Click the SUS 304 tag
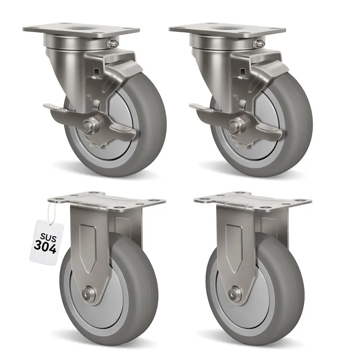coord(47,240)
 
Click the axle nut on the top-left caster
coord(87,126)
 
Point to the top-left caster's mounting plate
coord(81,30)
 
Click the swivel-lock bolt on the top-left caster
coord(111,43)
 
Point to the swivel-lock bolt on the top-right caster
coord(257,43)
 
